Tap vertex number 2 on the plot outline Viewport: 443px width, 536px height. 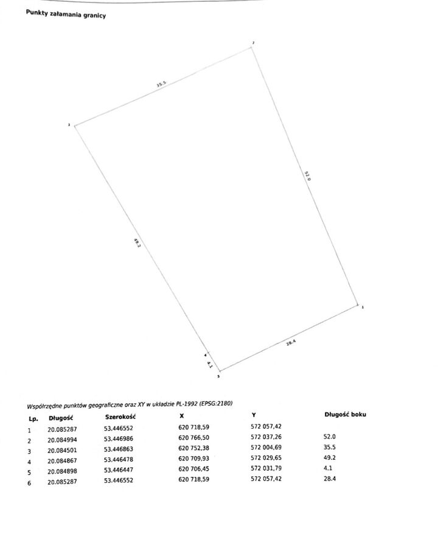click(253, 47)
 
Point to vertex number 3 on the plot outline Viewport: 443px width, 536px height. click(74, 125)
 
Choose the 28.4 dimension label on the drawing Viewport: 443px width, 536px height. click(290, 342)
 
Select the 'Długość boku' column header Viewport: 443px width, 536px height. click(346, 415)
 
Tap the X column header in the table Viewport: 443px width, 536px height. click(181, 416)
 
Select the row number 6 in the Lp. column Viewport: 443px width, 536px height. click(29, 482)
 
